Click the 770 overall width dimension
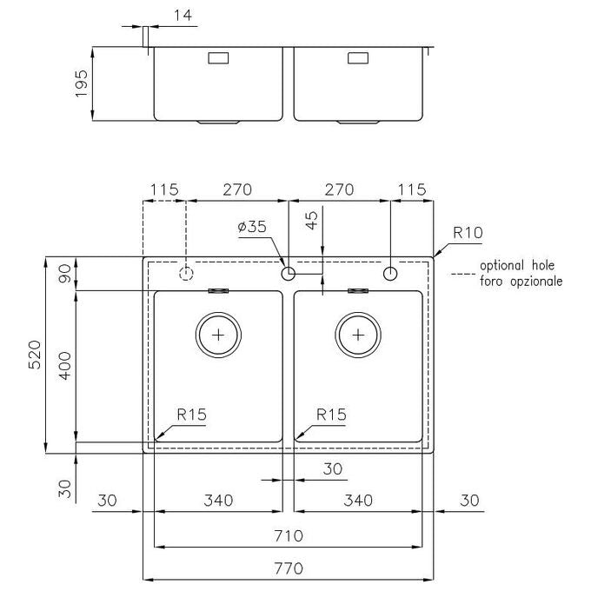289,568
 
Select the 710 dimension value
289,535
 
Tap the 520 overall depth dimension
35,355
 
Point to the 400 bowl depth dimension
65,366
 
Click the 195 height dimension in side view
81,83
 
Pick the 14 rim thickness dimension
183,16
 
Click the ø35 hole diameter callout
252,227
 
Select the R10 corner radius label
468,233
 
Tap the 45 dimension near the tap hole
312,220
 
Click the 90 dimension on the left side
65,273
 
